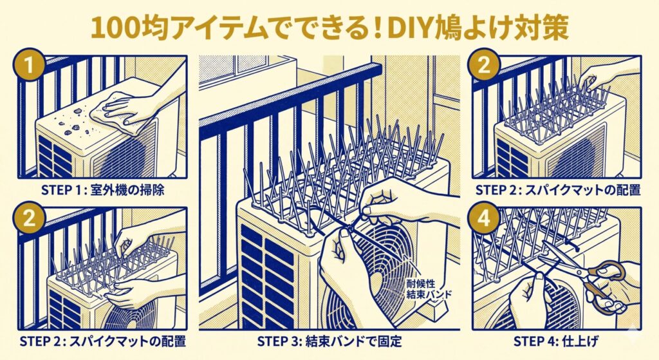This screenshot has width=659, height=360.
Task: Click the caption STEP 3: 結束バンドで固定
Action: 329,340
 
